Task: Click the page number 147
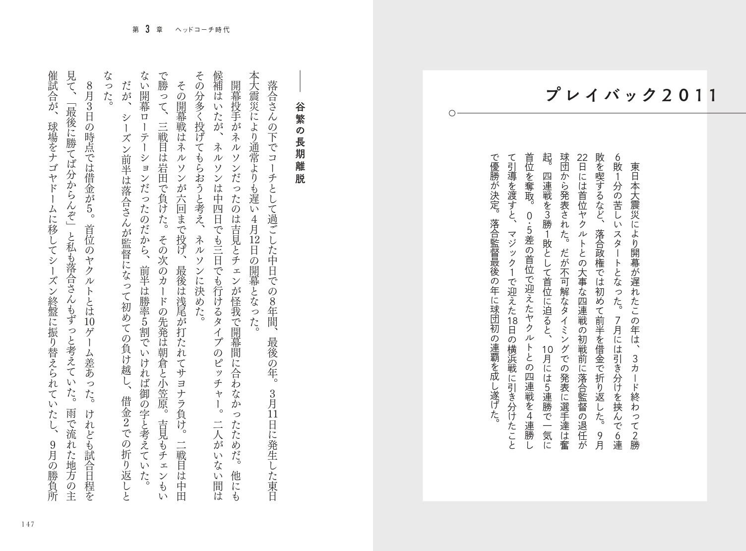26,525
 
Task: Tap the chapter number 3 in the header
147,29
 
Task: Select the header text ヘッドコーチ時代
203,30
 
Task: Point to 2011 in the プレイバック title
689,94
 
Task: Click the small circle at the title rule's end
451,113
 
